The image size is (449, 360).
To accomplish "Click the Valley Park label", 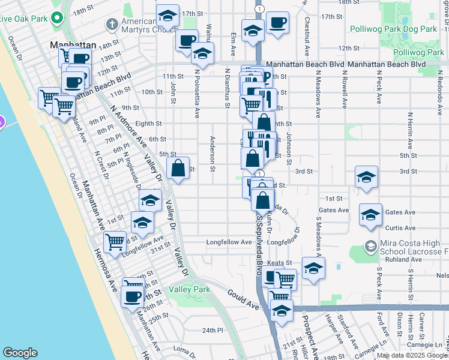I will click(189, 289).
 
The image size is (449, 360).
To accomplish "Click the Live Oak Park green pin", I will click(58, 17).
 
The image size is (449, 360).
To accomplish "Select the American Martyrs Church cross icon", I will click(111, 25).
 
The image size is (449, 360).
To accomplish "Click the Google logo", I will click(20, 353).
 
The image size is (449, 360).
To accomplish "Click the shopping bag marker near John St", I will click(178, 169).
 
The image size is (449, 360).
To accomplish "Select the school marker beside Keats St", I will click(313, 269).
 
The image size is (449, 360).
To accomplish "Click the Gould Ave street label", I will click(243, 298).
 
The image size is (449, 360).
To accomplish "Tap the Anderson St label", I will click(212, 154).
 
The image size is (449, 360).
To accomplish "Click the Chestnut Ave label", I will click(306, 38).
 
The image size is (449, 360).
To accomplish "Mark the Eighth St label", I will click(149, 124).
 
